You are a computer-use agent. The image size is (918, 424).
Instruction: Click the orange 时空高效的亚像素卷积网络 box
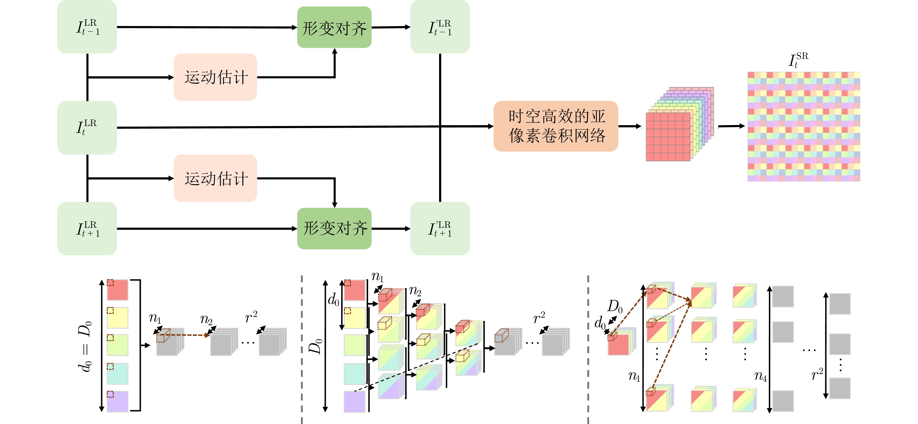tap(556, 126)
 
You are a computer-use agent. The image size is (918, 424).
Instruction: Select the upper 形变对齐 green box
tap(334, 27)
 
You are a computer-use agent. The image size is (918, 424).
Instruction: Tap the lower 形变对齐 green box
tap(334, 228)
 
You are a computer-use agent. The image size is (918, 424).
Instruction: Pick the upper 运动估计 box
tap(215, 77)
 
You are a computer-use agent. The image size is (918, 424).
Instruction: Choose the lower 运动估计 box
tap(215, 178)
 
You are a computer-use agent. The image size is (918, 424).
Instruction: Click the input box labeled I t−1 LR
tap(87, 27)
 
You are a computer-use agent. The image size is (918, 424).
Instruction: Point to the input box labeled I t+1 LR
tap(87, 228)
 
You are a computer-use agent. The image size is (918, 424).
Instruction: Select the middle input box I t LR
tap(87, 127)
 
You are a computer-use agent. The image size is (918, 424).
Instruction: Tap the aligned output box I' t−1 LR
tap(440, 27)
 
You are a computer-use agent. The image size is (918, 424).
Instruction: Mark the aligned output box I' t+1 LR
tap(440, 228)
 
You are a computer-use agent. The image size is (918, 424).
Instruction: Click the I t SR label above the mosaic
tap(798, 60)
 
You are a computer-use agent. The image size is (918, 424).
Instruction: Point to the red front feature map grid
tap(668, 137)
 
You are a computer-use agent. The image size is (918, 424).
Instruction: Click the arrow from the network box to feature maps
tap(630, 126)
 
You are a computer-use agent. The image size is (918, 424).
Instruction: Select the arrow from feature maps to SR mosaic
tap(731, 126)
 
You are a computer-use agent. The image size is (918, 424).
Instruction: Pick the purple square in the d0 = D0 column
tap(118, 402)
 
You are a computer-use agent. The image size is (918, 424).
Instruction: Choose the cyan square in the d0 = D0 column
tap(118, 374)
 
